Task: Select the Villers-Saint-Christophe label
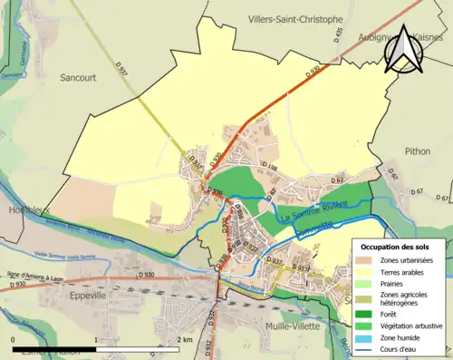tap(295, 18)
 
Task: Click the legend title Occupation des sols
tap(398, 247)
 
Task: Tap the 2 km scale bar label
tap(185, 338)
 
